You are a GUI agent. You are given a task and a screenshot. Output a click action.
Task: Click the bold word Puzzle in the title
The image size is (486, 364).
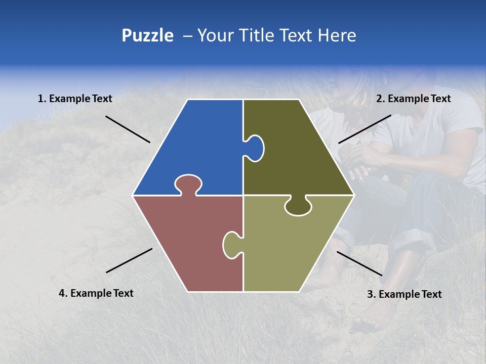(x=147, y=35)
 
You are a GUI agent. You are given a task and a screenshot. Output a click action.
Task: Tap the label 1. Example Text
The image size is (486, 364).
(x=75, y=99)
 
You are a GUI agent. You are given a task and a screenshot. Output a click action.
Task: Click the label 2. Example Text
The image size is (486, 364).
(x=413, y=99)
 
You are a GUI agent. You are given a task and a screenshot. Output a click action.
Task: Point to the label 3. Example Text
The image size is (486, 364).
(x=404, y=294)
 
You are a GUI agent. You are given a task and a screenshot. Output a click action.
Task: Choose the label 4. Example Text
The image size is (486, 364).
(x=96, y=293)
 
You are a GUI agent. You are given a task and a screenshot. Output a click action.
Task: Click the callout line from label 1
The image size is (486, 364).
(x=128, y=129)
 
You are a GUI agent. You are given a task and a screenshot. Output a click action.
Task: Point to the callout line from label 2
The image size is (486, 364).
(x=364, y=129)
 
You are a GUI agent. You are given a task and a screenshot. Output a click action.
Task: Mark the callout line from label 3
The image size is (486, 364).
(x=359, y=263)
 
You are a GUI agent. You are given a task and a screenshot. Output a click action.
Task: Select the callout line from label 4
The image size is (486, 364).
(x=129, y=260)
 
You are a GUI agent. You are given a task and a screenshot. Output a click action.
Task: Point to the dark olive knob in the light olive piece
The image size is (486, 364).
(x=298, y=207)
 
